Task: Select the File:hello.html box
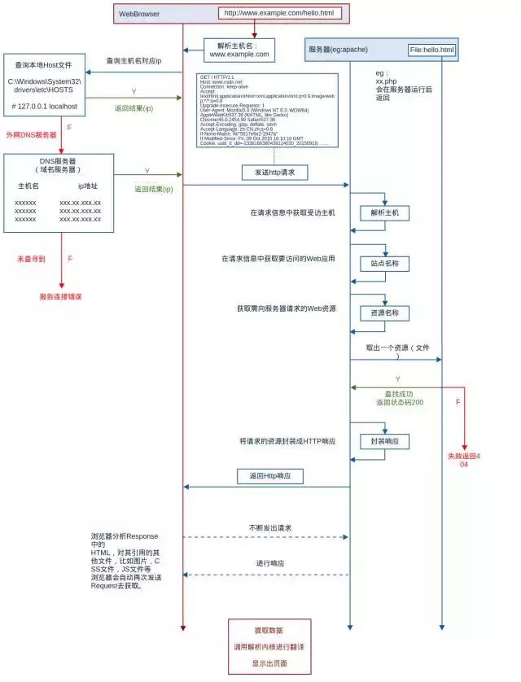pyautogui.click(x=431, y=50)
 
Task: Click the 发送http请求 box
pyautogui.click(x=274, y=173)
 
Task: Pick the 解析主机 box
pyautogui.click(x=385, y=213)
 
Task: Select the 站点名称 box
pyautogui.click(x=385, y=264)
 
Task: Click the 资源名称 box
pyautogui.click(x=385, y=313)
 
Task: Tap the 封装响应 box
pyautogui.click(x=385, y=441)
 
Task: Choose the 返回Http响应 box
pyautogui.click(x=270, y=475)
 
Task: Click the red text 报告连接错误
pyautogui.click(x=61, y=296)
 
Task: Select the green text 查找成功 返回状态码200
pyautogui.click(x=399, y=398)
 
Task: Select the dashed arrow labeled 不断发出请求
pyautogui.click(x=265, y=537)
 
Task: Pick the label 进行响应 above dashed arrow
pyautogui.click(x=270, y=563)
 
